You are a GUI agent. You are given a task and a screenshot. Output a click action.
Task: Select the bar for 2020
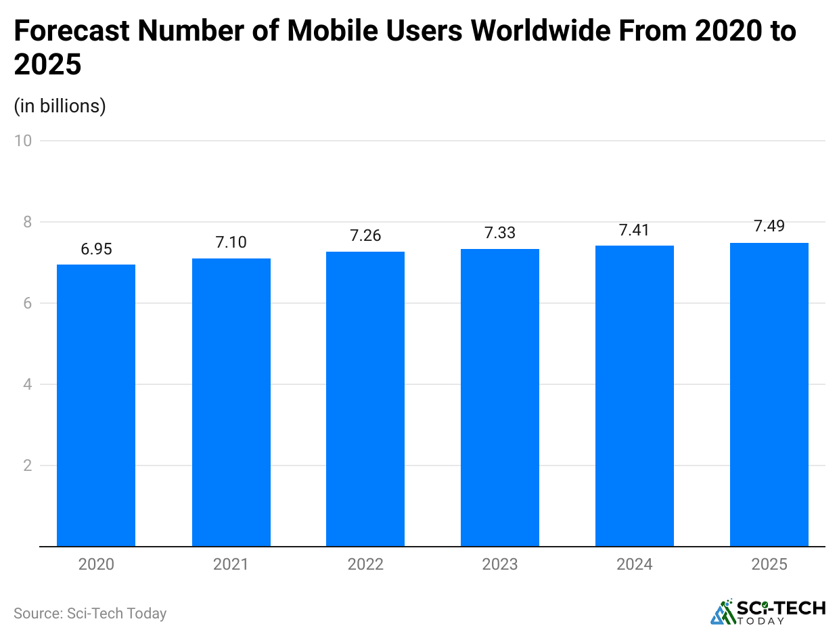(96, 405)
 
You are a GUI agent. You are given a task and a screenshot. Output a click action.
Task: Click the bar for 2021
(231, 402)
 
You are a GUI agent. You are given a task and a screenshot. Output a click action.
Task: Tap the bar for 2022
(365, 399)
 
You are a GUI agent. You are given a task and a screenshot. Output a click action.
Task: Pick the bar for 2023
(500, 398)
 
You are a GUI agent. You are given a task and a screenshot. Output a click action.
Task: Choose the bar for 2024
(635, 396)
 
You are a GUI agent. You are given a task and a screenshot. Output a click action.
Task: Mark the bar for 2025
(769, 394)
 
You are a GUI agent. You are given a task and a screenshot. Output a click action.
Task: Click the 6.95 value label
(96, 249)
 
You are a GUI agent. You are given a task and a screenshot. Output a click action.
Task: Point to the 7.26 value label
(365, 235)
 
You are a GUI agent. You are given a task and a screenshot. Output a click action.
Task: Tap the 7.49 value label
(769, 226)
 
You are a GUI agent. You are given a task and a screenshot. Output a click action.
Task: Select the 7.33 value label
(500, 233)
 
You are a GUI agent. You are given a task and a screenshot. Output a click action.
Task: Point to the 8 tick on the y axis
(28, 222)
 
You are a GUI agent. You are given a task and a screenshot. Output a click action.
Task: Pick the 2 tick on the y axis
(28, 465)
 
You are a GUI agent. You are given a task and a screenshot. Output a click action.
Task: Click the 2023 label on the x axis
(500, 564)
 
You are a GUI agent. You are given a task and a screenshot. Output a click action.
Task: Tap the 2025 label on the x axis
(769, 564)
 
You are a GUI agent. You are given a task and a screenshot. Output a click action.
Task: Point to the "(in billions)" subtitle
(60, 106)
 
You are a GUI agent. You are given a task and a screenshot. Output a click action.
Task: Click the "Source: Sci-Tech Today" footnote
(90, 614)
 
